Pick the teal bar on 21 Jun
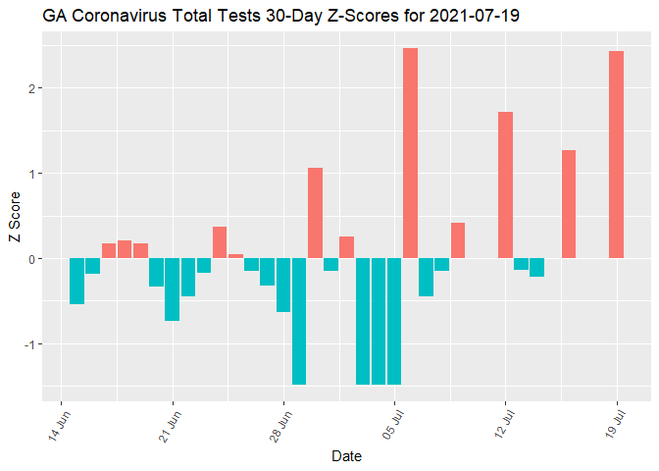click(x=173, y=289)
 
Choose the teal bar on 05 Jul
click(x=394, y=321)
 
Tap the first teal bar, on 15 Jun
click(x=76, y=282)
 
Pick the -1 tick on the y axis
click(x=29, y=344)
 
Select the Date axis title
click(x=346, y=456)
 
